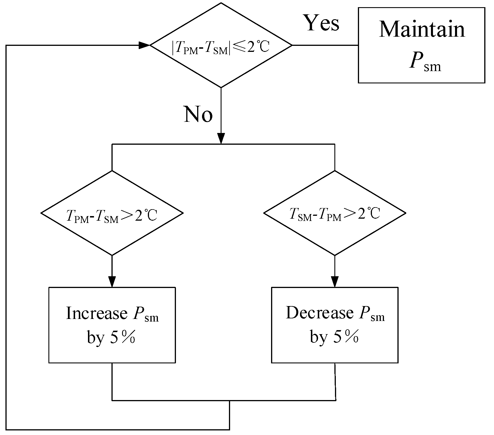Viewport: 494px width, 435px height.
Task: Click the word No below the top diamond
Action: pos(198,114)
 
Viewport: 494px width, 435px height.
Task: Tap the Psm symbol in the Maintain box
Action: pos(425,61)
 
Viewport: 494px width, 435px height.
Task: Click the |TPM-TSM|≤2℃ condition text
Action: pos(221,48)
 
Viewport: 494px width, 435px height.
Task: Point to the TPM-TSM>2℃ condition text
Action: pos(112,215)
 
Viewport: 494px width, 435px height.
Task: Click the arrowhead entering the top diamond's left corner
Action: pos(144,45)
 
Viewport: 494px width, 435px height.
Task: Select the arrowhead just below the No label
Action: pos(221,138)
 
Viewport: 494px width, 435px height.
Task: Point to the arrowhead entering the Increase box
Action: pos(112,282)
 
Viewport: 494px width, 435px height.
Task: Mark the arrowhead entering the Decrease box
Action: pos(335,282)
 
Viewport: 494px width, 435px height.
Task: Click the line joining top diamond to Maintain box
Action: pos(325,45)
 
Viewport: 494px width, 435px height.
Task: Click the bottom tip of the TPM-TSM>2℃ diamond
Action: pos(112,255)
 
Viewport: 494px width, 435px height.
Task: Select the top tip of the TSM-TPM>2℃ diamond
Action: pos(335,171)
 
